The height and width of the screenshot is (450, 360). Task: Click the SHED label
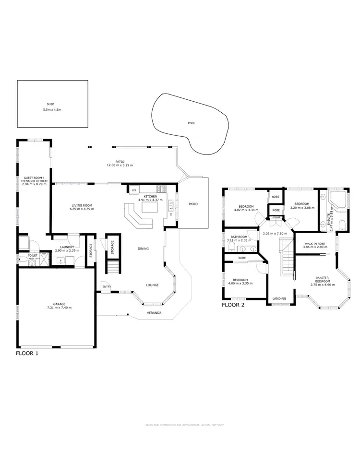click(50, 103)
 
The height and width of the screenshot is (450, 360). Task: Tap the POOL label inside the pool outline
click(192, 123)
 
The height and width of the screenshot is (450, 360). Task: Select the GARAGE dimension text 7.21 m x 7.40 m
click(60, 308)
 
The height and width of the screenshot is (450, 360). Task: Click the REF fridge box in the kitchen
click(134, 190)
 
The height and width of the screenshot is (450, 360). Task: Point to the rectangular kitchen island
click(149, 210)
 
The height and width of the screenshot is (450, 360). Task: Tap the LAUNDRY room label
click(64, 247)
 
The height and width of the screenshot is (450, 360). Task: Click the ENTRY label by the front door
click(106, 287)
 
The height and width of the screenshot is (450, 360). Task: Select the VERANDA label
click(154, 313)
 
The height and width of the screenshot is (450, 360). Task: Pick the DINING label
click(143, 249)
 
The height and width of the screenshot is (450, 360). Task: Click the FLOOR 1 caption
click(27, 354)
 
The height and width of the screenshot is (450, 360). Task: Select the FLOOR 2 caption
click(233, 305)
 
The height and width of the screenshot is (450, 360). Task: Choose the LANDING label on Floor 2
click(279, 298)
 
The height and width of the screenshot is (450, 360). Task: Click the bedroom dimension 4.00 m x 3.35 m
click(240, 284)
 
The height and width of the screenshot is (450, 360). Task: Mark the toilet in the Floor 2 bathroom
click(231, 247)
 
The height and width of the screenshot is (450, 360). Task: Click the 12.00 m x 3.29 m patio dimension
click(120, 166)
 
